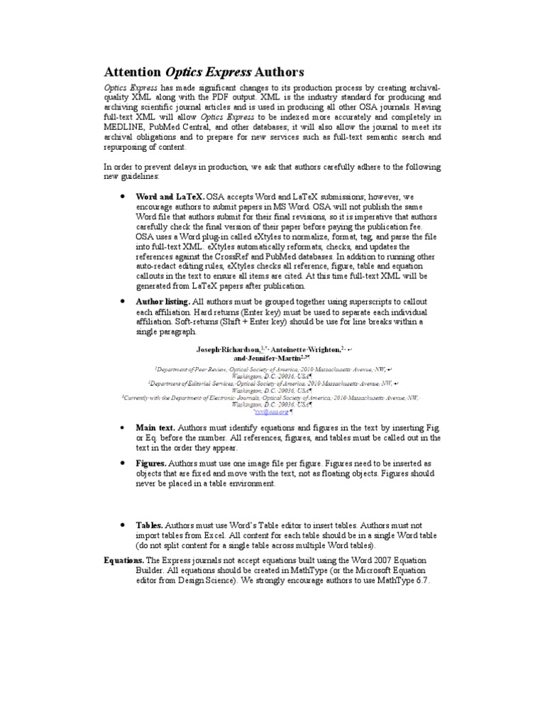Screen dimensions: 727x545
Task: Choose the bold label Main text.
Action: coord(155,428)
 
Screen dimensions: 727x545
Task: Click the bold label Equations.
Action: coord(123,560)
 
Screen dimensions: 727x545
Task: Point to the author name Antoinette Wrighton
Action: coord(306,350)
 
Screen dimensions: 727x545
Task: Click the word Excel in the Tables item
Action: coord(218,535)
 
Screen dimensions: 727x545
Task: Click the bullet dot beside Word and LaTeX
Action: coord(123,195)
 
